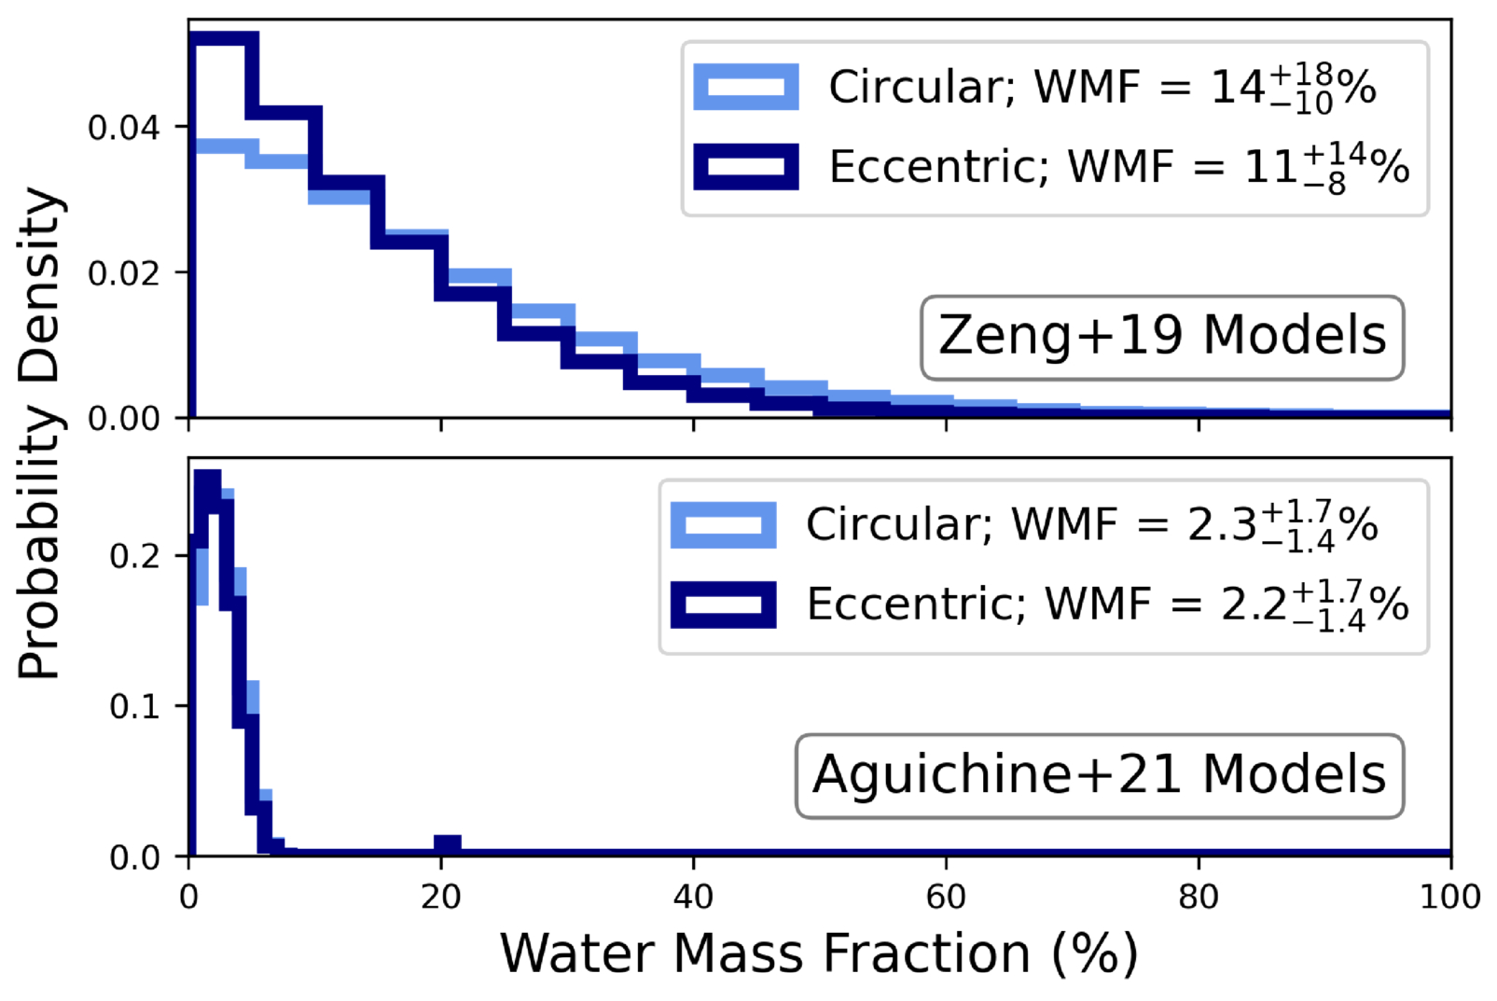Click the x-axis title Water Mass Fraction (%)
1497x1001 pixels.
819,953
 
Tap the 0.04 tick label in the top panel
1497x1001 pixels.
123,127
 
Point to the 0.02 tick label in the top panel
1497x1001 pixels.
123,272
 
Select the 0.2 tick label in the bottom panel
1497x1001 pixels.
134,556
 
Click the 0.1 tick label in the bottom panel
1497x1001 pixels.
134,706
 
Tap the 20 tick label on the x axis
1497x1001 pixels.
440,897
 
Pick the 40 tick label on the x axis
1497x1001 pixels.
693,897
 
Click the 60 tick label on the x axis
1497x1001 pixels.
946,897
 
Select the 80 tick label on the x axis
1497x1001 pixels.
1198,897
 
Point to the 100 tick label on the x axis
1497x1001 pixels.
1449,897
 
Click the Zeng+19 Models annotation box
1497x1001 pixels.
1162,337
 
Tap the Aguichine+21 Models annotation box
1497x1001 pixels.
1099,775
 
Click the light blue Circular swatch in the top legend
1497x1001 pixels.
745,88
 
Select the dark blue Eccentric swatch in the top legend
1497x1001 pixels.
745,167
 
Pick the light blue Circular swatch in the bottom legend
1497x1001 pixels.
723,525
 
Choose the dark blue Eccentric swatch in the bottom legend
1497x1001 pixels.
723,605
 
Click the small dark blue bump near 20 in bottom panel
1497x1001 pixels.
448,844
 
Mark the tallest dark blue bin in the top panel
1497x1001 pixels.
224,40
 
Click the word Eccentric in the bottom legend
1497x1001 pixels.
916,605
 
